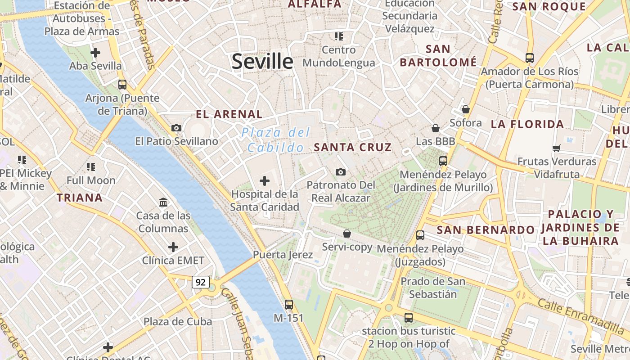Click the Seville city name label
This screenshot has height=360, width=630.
262,61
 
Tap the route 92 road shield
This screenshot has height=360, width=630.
201,282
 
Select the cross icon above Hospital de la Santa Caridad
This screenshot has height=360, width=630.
265,181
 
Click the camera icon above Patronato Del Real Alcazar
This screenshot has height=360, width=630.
341,172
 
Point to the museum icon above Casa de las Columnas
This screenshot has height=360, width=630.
163,202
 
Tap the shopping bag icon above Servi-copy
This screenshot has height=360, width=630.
346,234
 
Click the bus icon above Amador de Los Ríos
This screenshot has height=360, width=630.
529,58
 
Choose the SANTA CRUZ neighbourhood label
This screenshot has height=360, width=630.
353,147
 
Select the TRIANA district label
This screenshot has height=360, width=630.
80,197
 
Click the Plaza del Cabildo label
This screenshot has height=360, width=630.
276,140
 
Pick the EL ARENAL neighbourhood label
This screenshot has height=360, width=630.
229,114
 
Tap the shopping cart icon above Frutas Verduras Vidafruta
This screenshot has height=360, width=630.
557,148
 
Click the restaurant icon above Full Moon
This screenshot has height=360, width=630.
91,167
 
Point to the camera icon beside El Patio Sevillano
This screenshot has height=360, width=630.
176,128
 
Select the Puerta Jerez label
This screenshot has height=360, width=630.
283,255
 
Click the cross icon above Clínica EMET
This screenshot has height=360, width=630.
173,247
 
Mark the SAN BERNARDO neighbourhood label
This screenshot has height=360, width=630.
486,230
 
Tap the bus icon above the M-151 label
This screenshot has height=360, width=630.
289,304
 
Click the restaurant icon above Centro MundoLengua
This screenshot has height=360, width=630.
339,36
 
